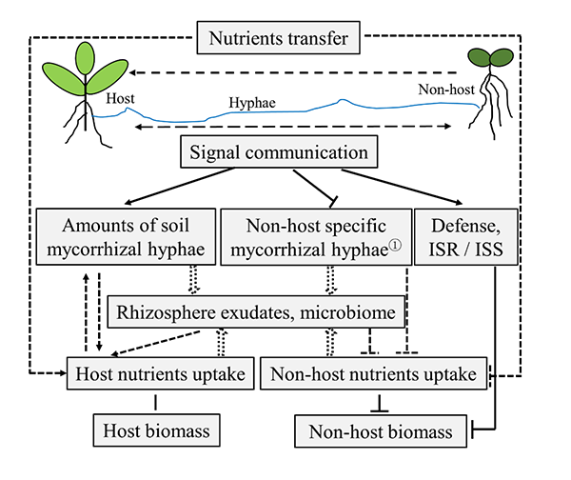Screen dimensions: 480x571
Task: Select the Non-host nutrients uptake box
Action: (374, 374)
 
